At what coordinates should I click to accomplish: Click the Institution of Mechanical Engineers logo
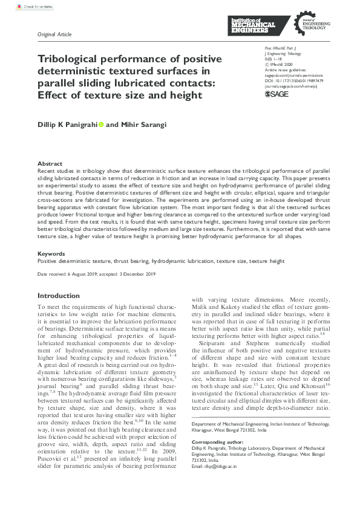[253, 25]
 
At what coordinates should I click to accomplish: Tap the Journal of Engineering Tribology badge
[309, 25]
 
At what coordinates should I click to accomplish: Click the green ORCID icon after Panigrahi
[101, 125]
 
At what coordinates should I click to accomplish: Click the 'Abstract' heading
[50, 164]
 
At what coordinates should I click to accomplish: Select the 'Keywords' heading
[51, 253]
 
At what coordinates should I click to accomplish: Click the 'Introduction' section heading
[59, 296]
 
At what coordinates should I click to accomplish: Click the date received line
[97, 274]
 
